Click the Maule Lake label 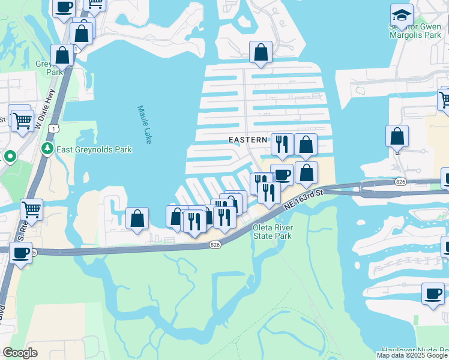[145, 125]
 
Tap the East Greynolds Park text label [94, 148]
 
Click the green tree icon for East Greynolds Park [47, 148]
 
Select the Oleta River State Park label [272, 232]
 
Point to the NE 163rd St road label [304, 198]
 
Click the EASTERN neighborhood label [248, 139]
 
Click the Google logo [20, 353]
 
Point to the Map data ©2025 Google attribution [412, 355]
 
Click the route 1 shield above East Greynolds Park [55, 128]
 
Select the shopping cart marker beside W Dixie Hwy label [22, 120]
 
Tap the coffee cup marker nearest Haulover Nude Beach [432, 295]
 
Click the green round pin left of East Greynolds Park [10, 157]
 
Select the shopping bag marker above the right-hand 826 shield [397, 136]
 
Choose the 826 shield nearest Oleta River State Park [215, 245]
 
